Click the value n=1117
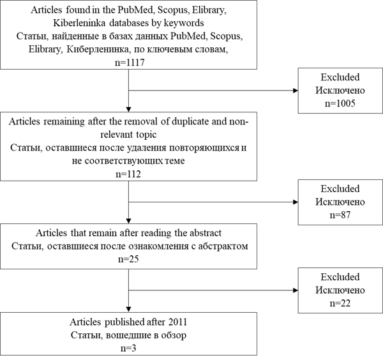(130, 63)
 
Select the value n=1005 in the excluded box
(340, 103)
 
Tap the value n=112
(128, 174)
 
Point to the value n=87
(340, 215)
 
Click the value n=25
(128, 259)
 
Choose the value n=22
(340, 303)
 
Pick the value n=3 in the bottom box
(128, 348)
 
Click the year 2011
(177, 322)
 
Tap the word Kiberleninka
(79, 23)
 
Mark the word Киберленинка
(98, 49)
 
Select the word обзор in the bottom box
(174, 335)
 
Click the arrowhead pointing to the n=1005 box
(296, 91)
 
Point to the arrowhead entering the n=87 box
(296, 202)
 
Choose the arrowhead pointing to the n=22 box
(296, 290)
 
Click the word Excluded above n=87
(340, 188)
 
